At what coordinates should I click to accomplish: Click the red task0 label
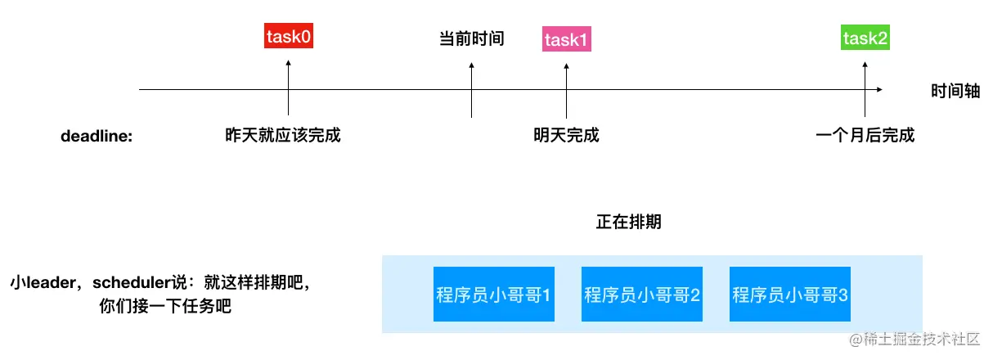click(289, 37)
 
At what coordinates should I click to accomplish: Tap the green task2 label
click(865, 38)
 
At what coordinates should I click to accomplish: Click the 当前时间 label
click(472, 38)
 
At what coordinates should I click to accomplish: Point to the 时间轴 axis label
click(955, 91)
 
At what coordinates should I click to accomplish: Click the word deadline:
click(97, 136)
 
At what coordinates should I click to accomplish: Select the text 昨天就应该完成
click(282, 135)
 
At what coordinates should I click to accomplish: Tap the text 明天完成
click(566, 135)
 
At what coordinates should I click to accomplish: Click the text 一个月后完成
click(865, 135)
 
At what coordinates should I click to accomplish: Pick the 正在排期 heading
click(628, 223)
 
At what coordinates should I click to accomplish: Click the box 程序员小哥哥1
click(493, 294)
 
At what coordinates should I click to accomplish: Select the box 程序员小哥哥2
click(641, 294)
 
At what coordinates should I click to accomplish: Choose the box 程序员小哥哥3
click(789, 294)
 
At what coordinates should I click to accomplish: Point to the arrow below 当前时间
click(472, 90)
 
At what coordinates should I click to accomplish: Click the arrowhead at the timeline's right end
click(878, 89)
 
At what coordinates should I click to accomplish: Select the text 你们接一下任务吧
click(164, 308)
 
